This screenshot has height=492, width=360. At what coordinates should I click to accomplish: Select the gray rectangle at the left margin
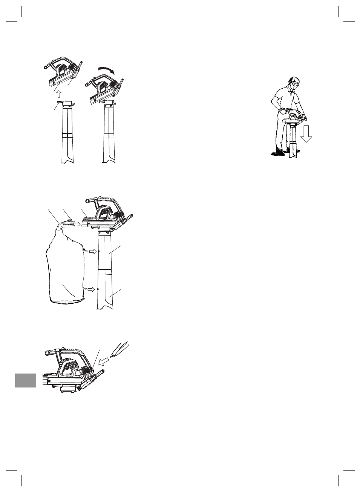click(x=26, y=380)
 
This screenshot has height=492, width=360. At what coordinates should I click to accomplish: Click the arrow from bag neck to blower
click(x=77, y=224)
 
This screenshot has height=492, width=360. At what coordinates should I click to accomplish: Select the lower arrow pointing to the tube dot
click(x=92, y=289)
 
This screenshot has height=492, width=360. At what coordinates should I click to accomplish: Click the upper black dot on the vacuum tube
click(x=98, y=251)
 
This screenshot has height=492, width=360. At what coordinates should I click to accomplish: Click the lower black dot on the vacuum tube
click(x=98, y=289)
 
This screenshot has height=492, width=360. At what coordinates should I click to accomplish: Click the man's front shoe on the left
click(x=279, y=153)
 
